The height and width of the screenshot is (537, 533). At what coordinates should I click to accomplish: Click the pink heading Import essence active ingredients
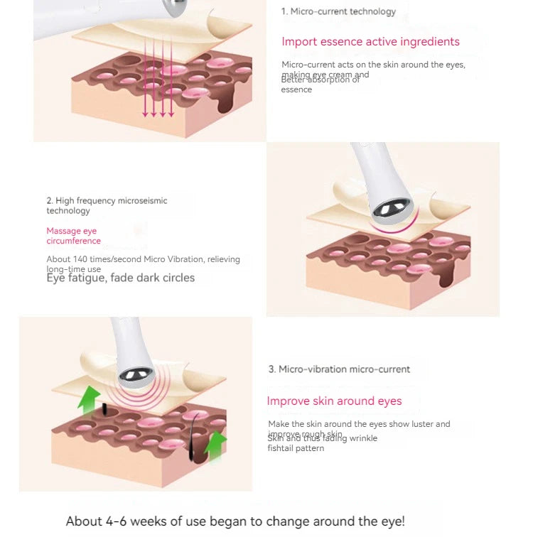click(x=370, y=42)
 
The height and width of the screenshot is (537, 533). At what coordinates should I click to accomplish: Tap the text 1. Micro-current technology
click(x=338, y=11)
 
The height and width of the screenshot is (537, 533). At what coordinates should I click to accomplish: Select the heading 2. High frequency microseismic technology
click(x=107, y=205)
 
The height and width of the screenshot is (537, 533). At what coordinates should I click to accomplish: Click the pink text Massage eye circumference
click(x=73, y=236)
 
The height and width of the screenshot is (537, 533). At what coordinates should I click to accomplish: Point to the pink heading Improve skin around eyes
click(x=334, y=401)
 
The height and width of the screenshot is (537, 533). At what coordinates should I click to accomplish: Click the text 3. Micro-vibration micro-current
click(x=339, y=369)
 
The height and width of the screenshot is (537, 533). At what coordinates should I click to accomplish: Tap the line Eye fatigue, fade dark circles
click(x=120, y=278)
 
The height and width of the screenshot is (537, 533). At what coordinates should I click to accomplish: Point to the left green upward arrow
click(x=89, y=398)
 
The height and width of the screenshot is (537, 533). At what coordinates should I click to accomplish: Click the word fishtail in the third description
click(x=285, y=448)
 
